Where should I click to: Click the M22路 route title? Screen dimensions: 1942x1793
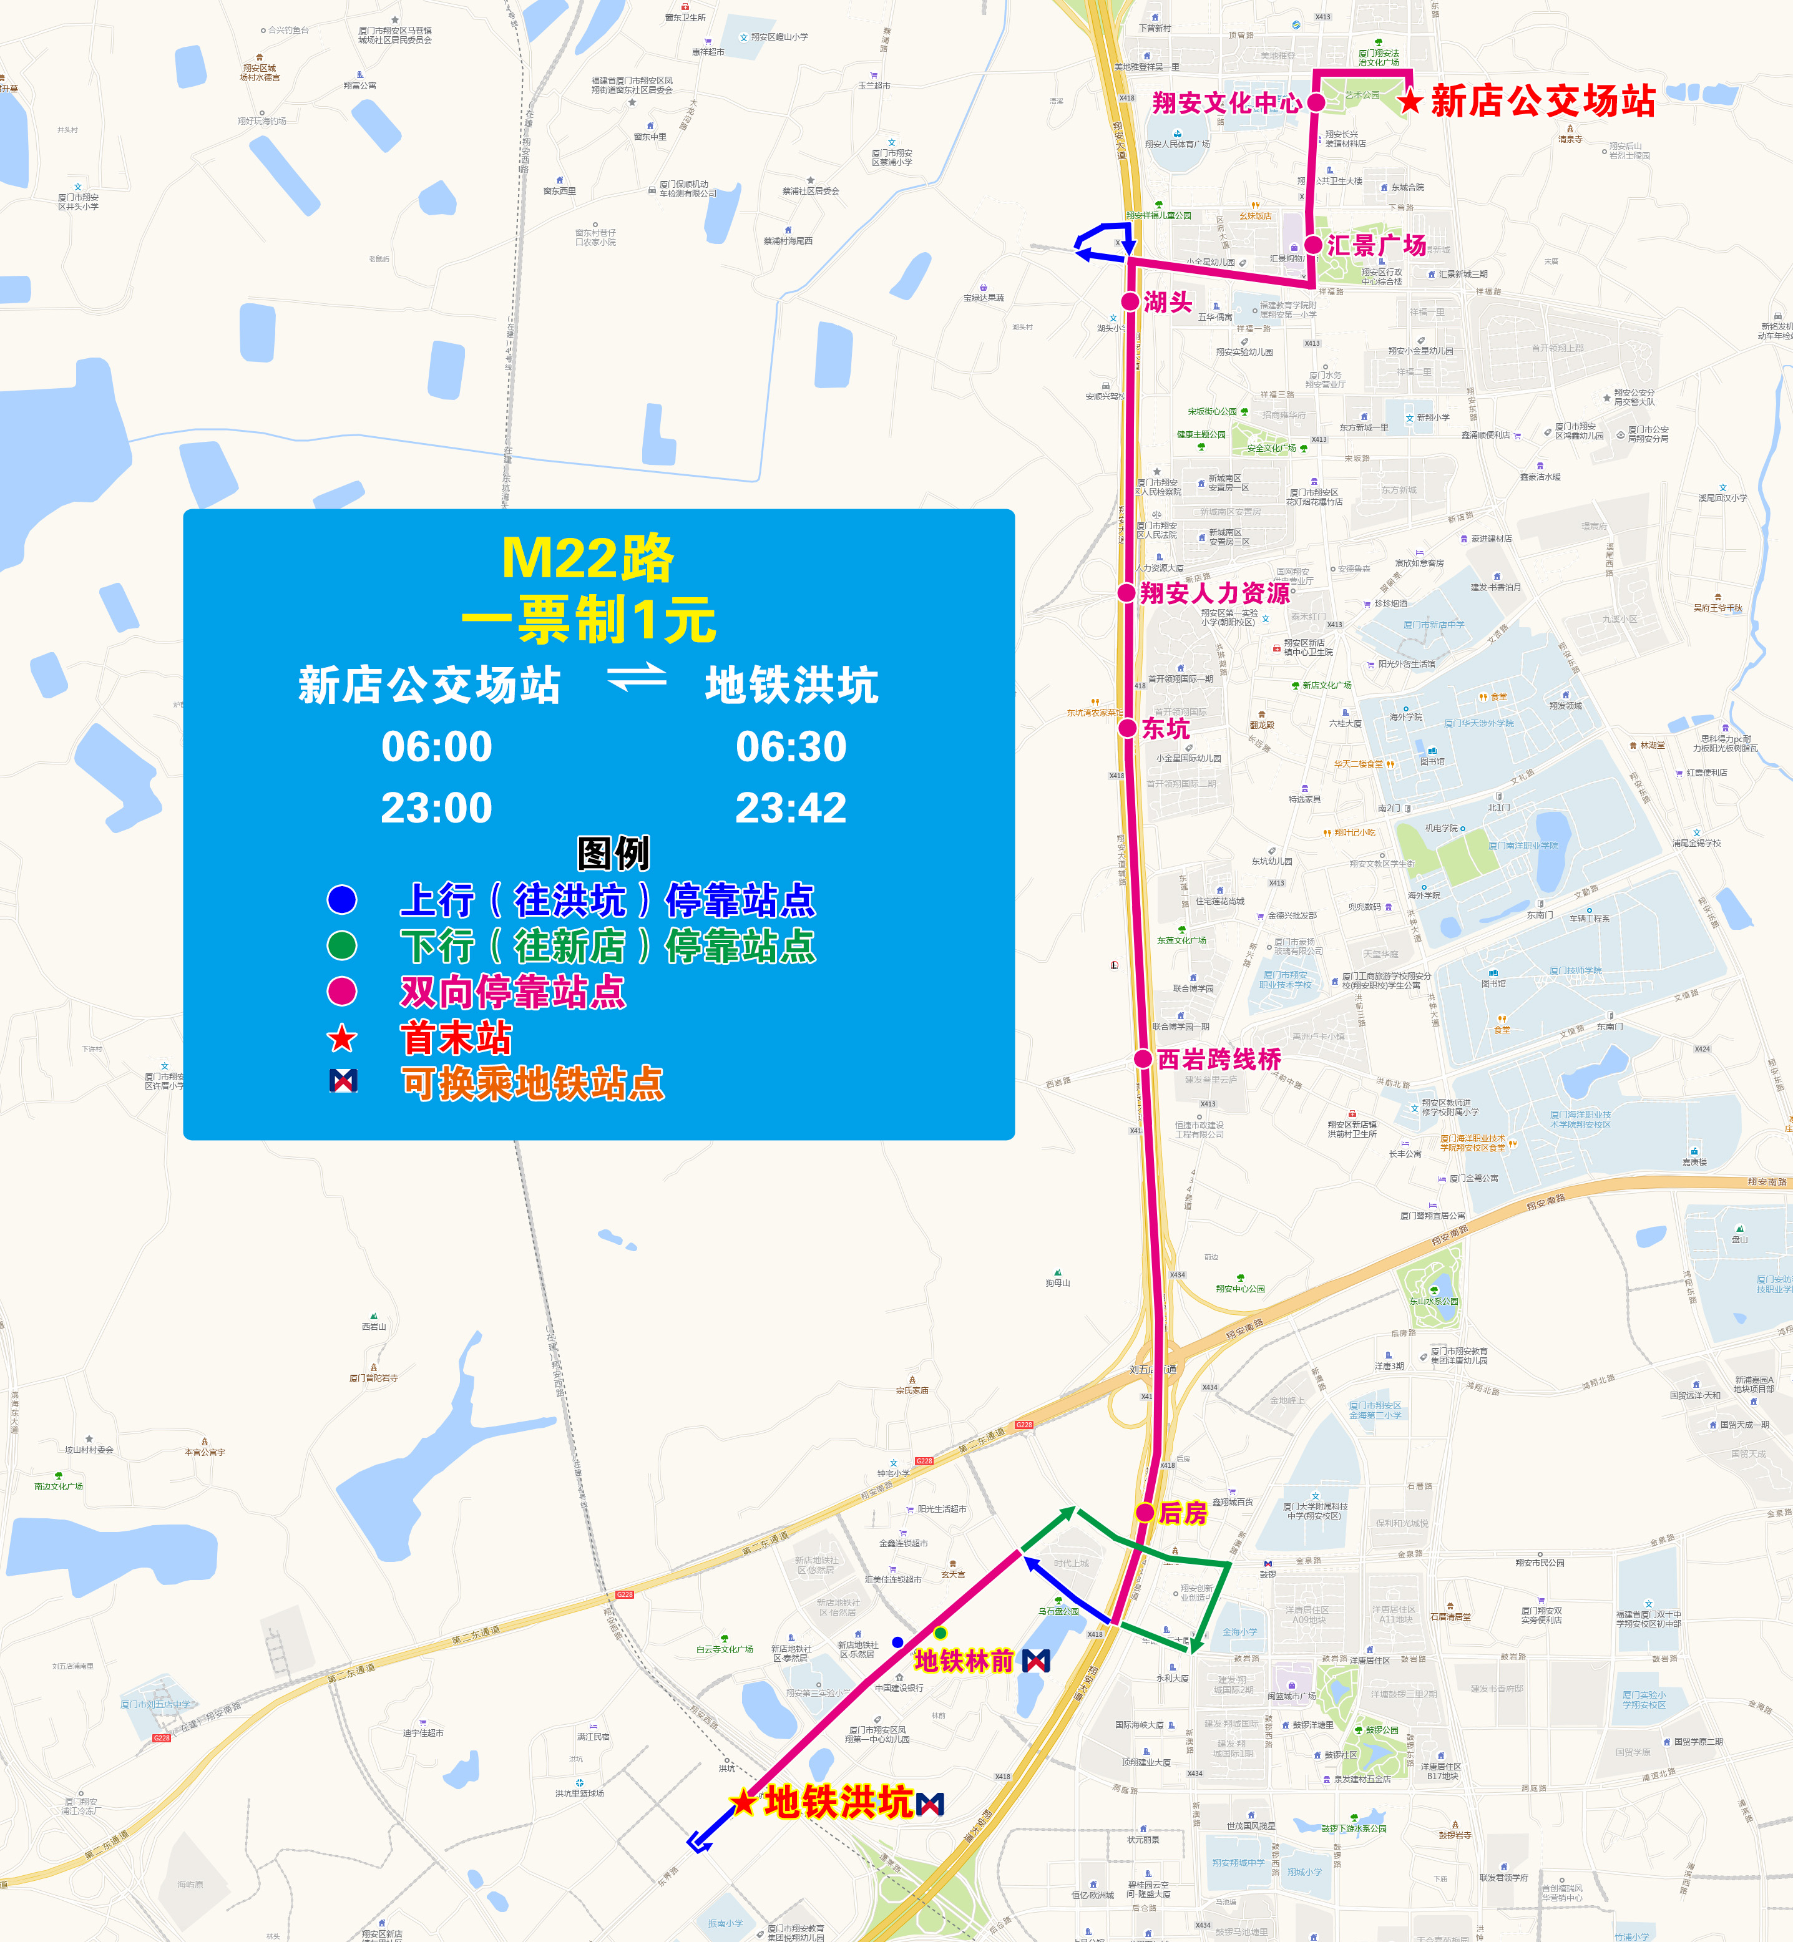coord(587,558)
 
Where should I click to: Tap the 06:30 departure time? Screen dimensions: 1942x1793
coord(791,746)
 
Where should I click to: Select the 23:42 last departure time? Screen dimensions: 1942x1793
coord(791,807)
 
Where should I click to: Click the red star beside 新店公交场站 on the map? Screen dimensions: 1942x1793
coord(1410,101)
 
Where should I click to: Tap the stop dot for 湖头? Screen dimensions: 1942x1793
coord(1130,301)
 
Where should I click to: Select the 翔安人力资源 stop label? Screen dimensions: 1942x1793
coord(1214,593)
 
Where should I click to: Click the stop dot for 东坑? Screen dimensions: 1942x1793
coord(1128,728)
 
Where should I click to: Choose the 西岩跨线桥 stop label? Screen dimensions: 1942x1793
coord(1219,1059)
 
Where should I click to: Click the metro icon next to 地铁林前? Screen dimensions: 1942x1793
coord(1036,1661)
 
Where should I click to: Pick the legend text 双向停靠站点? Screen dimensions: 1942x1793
coord(513,992)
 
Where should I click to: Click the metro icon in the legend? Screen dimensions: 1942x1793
coord(343,1081)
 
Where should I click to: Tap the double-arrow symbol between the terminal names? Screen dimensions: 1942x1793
coord(637,677)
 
